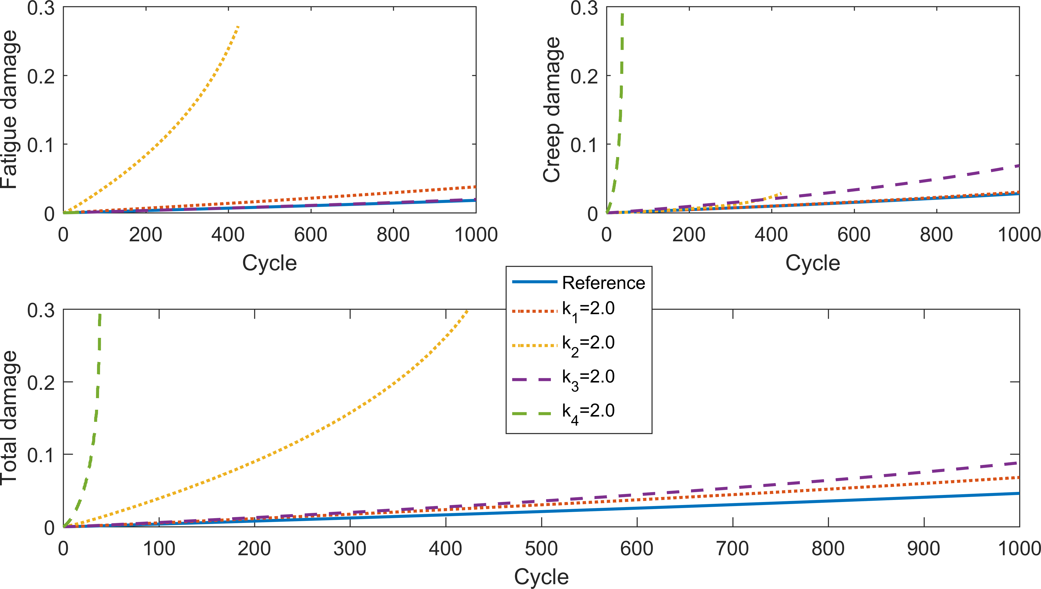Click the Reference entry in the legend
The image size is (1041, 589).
pos(603,283)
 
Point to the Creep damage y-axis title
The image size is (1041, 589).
pos(552,109)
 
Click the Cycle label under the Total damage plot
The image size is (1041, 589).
pos(541,576)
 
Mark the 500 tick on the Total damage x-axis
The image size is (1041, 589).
pos(541,549)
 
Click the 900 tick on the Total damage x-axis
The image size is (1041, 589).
pos(924,549)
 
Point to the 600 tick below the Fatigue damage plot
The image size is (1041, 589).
pos(310,235)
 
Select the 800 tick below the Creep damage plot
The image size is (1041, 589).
pos(936,235)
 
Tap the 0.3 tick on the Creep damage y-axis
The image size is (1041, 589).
pos(584,8)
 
